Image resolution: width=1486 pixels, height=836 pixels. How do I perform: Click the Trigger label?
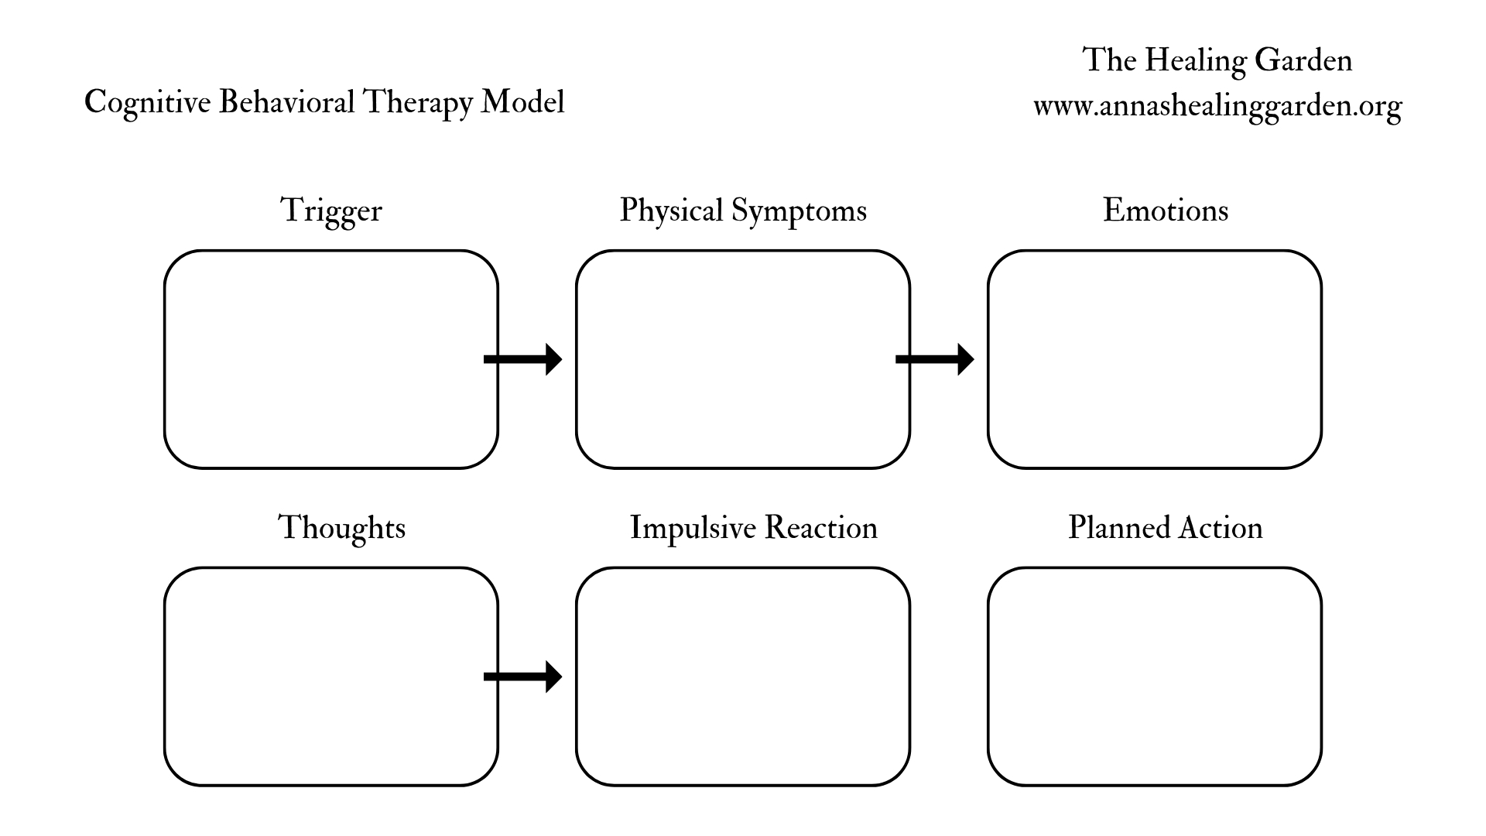point(331,211)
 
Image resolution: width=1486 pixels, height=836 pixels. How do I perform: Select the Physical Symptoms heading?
point(743,211)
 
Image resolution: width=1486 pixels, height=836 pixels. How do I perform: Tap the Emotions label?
point(1166,211)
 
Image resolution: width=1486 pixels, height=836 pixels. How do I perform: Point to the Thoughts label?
point(341,528)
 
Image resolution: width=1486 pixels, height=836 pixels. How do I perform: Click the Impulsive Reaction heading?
point(754,528)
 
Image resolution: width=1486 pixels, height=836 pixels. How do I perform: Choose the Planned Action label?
point(1166,528)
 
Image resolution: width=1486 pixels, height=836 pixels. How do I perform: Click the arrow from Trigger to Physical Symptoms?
point(523,359)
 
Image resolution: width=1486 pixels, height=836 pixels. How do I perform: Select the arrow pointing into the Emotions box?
point(935,359)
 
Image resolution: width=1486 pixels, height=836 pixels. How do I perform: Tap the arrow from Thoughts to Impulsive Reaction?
point(523,677)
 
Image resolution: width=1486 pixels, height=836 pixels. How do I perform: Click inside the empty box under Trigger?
point(331,359)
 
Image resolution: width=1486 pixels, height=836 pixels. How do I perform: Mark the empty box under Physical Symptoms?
point(743,359)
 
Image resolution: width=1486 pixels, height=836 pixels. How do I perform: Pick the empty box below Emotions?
point(1155,359)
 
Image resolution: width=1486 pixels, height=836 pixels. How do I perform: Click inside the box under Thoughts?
point(331,677)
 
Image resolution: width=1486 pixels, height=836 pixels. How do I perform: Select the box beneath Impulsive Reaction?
point(743,677)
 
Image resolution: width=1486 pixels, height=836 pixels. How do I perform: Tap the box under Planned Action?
point(1155,677)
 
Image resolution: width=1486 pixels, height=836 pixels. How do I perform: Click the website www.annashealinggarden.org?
point(1217,106)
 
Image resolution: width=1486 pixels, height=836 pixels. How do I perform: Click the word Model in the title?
point(523,102)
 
